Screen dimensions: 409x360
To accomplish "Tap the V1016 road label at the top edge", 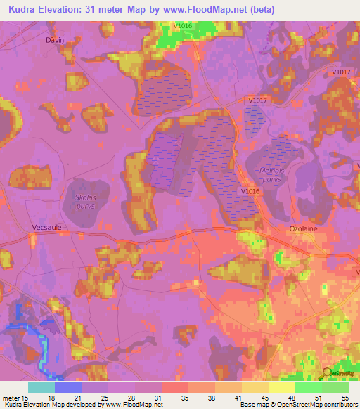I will click(x=184, y=26).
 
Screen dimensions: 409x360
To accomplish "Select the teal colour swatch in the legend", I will click(x=41, y=387).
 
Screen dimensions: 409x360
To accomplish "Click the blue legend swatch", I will click(x=67, y=387).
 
